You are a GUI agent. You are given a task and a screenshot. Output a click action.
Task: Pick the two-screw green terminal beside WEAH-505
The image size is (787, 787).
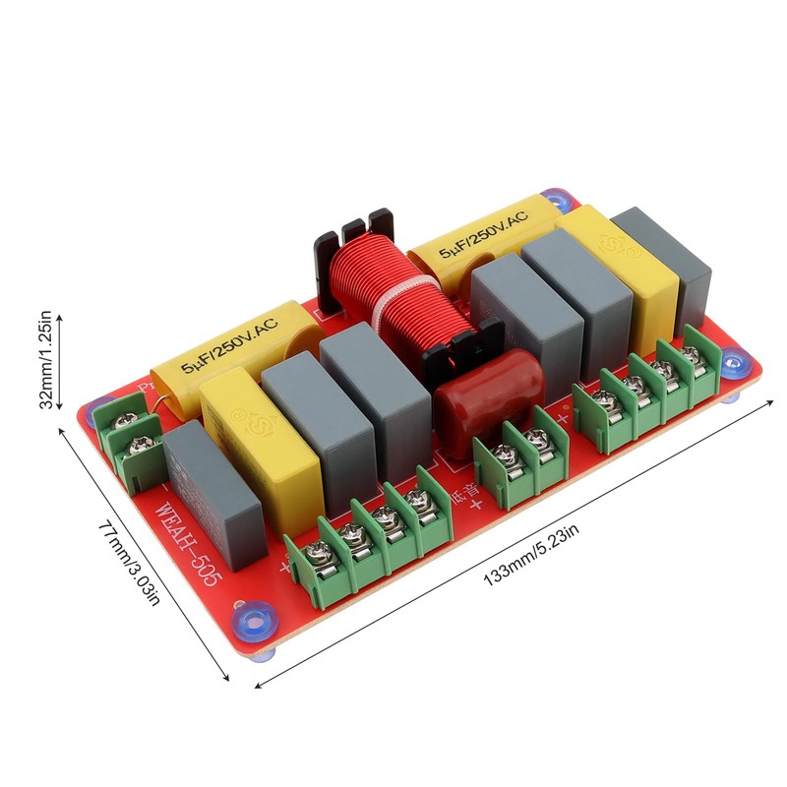(x=128, y=448)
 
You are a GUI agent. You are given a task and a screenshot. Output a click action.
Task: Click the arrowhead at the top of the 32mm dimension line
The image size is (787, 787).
(x=58, y=318)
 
